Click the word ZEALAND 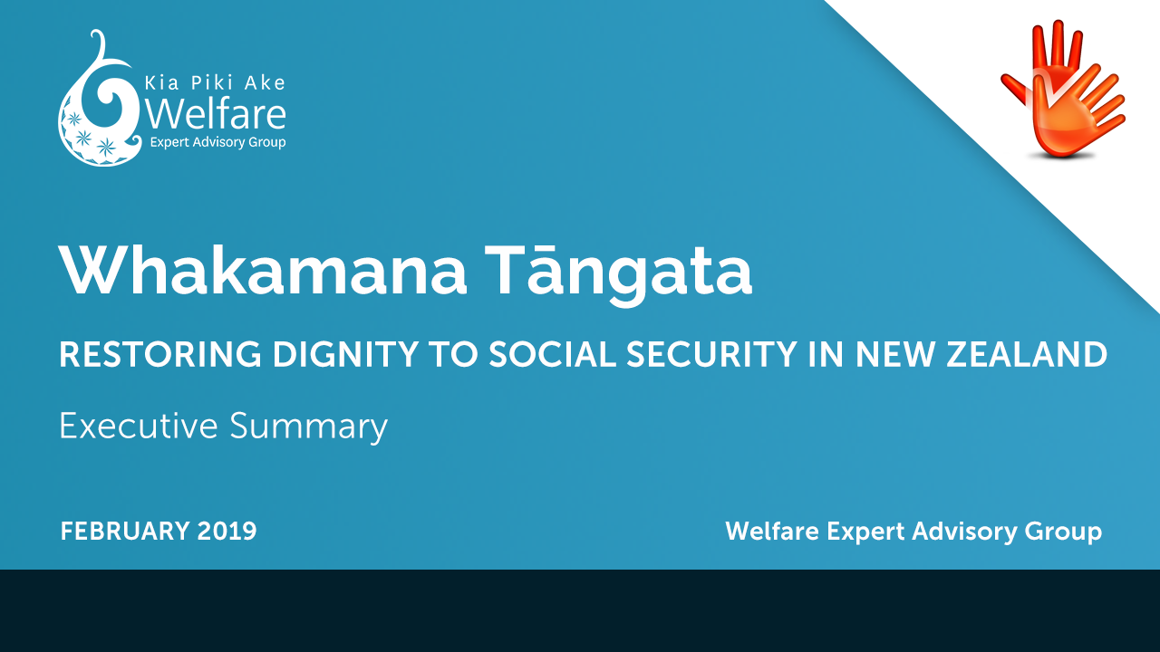click(x=1032, y=355)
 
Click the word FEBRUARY click(x=123, y=532)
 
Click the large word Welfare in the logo click(x=216, y=114)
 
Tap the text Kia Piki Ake click(x=215, y=83)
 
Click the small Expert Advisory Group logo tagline click(x=217, y=142)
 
